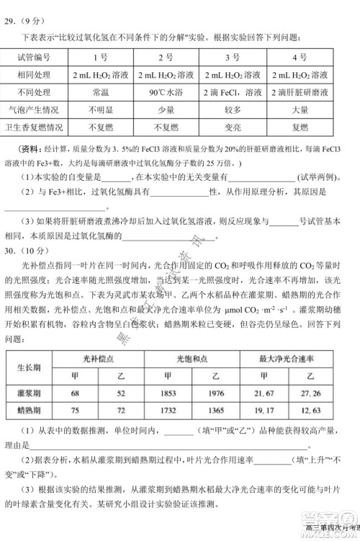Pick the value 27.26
pyautogui.click(x=317, y=393)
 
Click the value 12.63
pyautogui.click(x=317, y=411)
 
